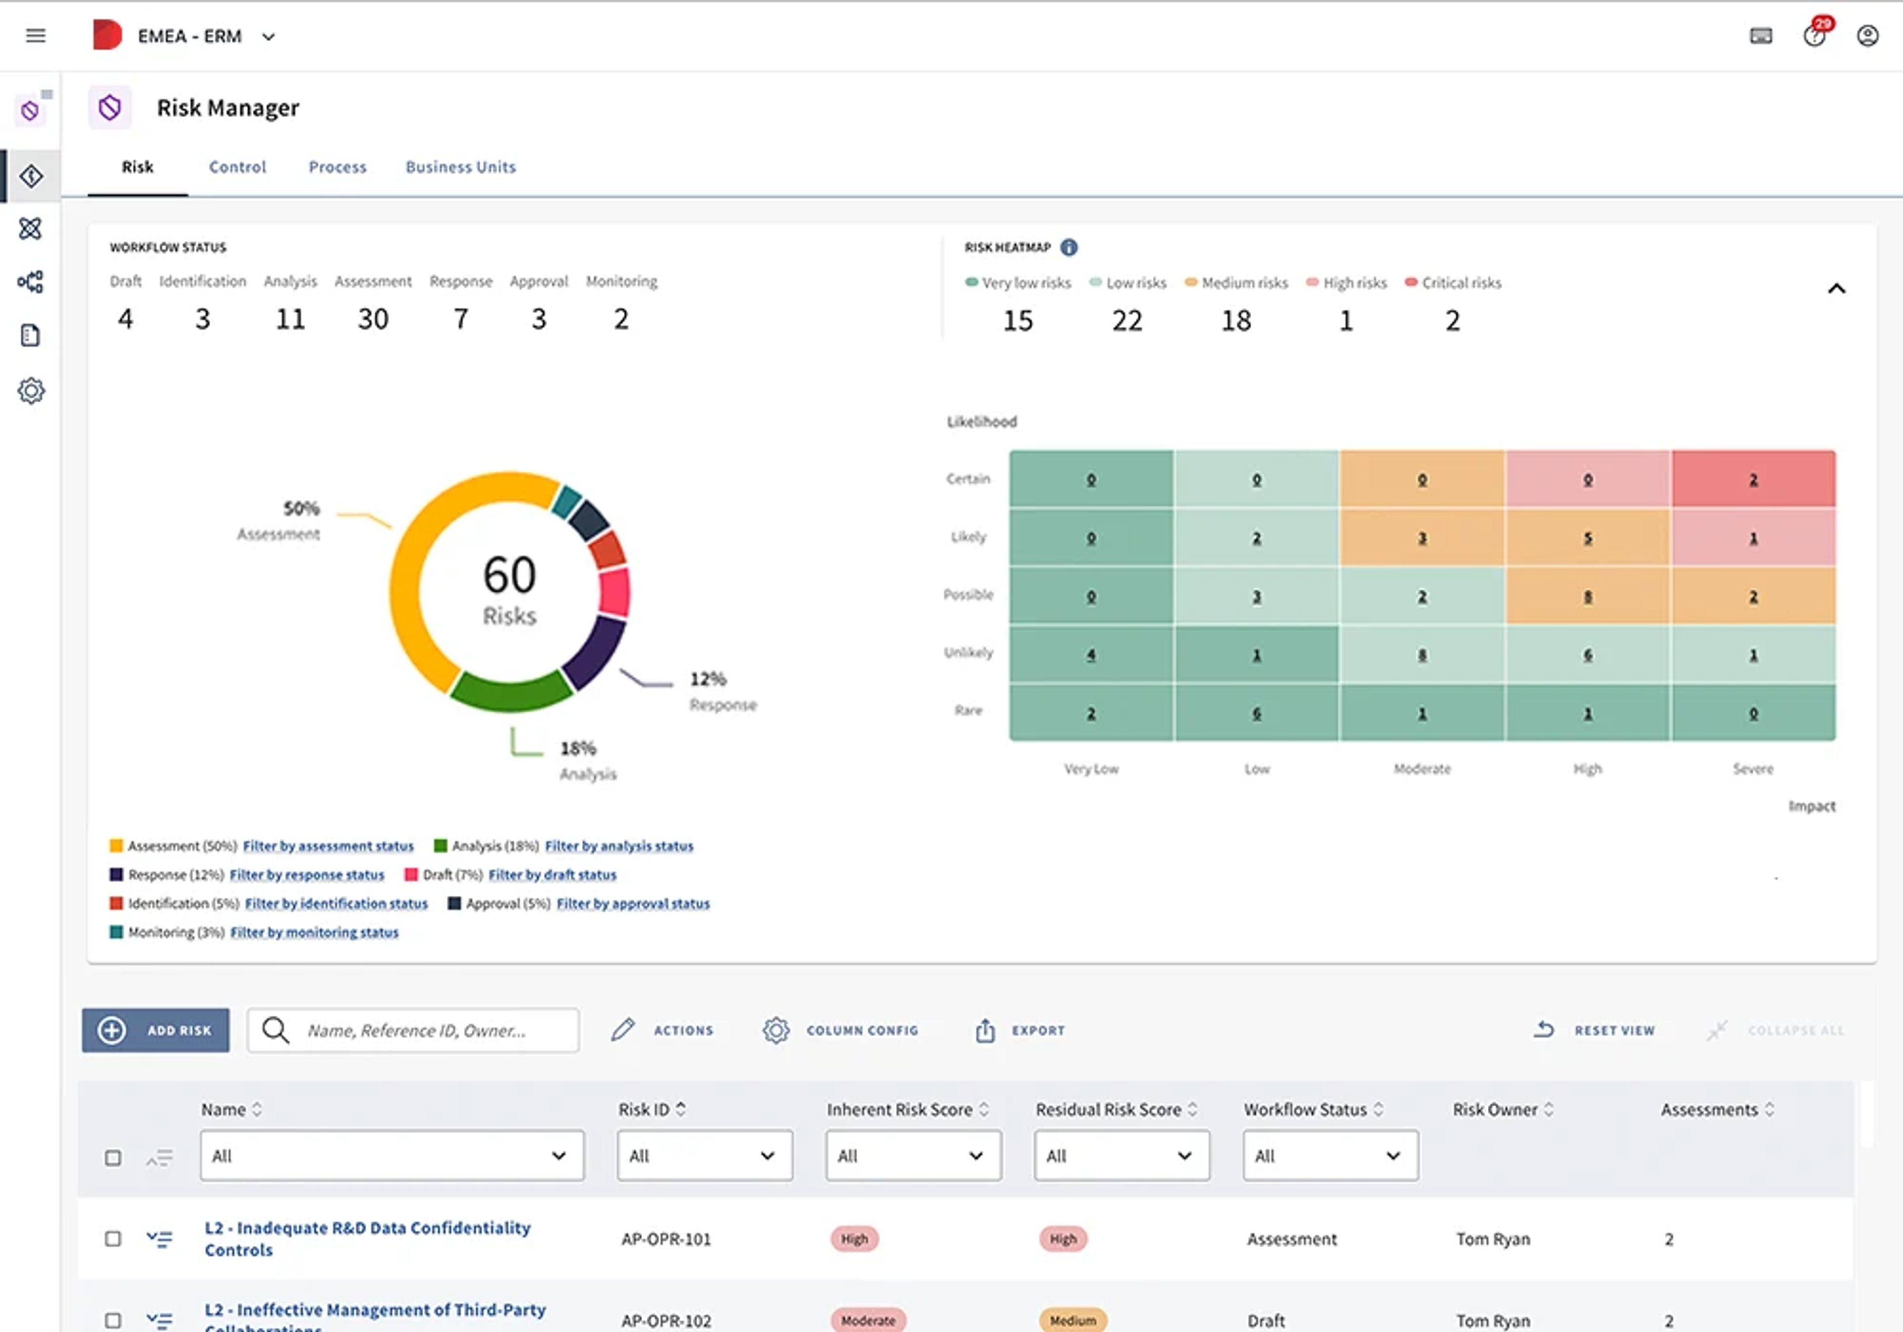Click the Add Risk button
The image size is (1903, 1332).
tap(156, 1030)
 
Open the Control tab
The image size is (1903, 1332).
tap(237, 166)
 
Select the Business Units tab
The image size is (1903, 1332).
tap(460, 166)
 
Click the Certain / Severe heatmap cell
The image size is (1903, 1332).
tap(1753, 479)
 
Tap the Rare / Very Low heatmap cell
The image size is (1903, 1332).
tap(1091, 713)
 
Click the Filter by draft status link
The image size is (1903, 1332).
tap(552, 875)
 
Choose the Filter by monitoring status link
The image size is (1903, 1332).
tap(314, 933)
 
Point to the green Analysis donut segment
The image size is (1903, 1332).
tap(510, 692)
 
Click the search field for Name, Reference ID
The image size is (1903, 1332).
tap(414, 1030)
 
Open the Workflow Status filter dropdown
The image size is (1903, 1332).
tap(1330, 1156)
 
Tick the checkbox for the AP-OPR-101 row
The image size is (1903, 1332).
tap(112, 1238)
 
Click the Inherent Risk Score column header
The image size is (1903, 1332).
tap(899, 1109)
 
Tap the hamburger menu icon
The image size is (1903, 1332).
tap(36, 36)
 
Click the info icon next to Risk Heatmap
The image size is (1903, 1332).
tap(1069, 247)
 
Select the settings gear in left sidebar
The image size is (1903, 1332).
tap(31, 390)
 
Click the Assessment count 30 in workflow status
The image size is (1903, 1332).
tap(373, 319)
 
